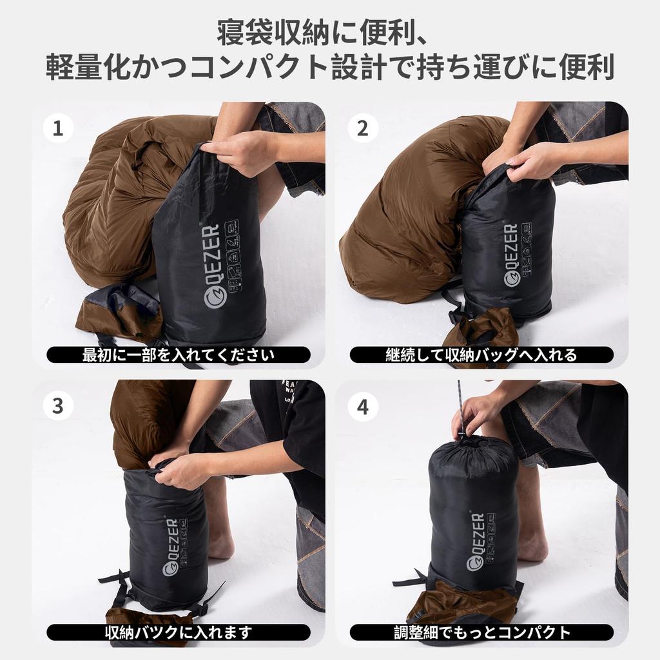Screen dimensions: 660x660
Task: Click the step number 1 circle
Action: [58, 129]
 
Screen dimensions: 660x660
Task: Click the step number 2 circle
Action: [363, 129]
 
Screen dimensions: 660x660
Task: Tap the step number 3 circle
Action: [58, 406]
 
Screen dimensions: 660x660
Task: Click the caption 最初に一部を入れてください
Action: [178, 354]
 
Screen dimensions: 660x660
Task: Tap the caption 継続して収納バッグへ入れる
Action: [481, 354]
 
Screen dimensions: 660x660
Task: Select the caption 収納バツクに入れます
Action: [178, 632]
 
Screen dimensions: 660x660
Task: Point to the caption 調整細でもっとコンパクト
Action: [481, 632]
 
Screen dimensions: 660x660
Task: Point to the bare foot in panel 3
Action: [221, 545]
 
